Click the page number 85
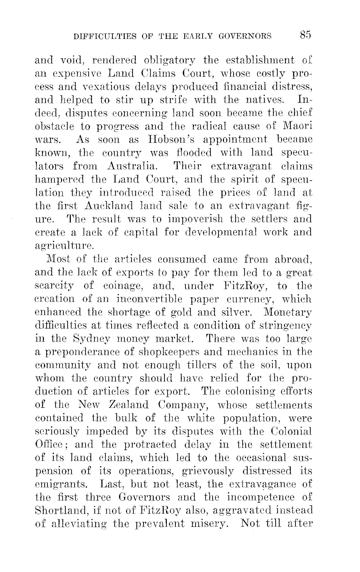pyautogui.click(x=305, y=35)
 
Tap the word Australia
pyautogui.click(x=132, y=166)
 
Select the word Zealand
pyautogui.click(x=130, y=405)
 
